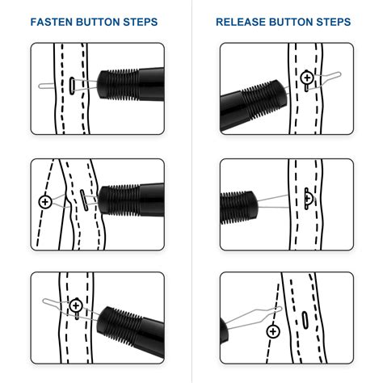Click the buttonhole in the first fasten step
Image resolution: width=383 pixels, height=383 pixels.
[x=74, y=83]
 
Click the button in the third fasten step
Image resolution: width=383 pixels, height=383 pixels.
[x=76, y=305]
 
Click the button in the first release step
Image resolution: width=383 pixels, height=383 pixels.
[x=308, y=78]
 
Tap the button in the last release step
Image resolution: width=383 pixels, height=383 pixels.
[x=273, y=331]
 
